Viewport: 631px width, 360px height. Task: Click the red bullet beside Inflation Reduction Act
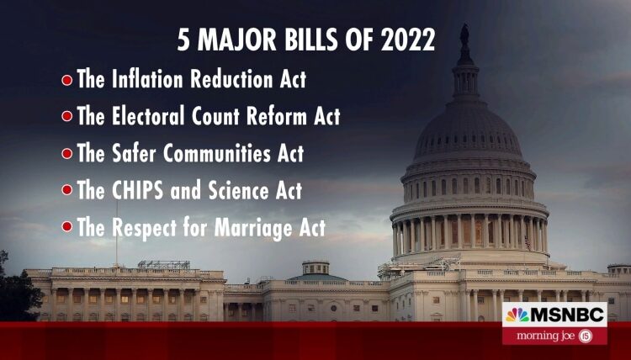(66, 82)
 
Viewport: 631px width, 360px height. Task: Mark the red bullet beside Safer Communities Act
(66, 155)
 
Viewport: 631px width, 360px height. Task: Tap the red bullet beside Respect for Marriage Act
(66, 228)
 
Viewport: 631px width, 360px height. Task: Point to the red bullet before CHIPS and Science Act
(66, 191)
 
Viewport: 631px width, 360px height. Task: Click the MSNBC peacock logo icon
(517, 315)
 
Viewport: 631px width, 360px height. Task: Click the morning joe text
(547, 336)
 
